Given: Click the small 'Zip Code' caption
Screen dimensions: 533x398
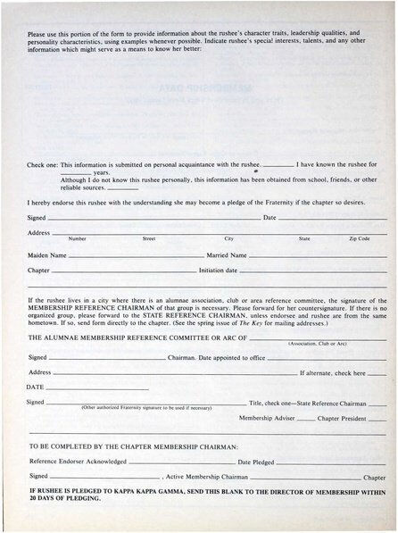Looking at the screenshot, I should click(x=359, y=239).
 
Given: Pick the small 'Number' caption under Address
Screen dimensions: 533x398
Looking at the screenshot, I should click(x=78, y=239).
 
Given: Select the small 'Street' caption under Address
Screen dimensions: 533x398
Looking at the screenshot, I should click(x=149, y=239).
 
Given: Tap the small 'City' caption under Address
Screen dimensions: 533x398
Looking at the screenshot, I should click(x=228, y=239).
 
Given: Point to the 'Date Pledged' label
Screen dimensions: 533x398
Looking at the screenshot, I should click(x=256, y=462).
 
